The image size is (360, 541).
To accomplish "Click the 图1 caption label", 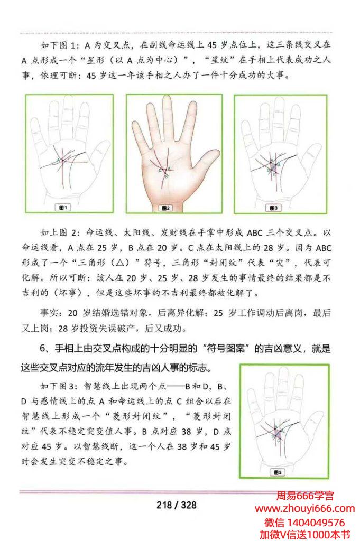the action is click(63, 207).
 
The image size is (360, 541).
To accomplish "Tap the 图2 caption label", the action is click(165, 208).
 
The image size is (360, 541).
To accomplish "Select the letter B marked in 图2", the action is click(167, 176).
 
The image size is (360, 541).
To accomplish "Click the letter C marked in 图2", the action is click(160, 170).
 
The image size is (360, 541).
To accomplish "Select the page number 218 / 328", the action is click(177, 505).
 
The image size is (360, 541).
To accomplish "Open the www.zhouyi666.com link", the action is click(305, 509).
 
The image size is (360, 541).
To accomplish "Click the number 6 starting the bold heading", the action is click(43, 348).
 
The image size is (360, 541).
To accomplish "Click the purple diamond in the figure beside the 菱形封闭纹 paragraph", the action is click(278, 432).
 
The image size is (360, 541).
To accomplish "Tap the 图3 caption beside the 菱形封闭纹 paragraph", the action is click(278, 472).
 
